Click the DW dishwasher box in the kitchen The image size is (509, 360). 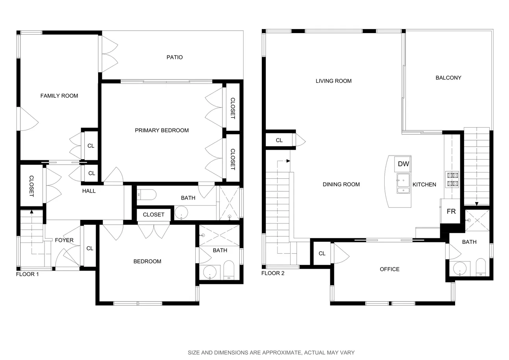[403, 164]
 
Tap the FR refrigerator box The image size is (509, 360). [451, 212]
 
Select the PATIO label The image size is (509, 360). [174, 57]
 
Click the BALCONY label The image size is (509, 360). [448, 78]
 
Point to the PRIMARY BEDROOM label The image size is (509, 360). [161, 130]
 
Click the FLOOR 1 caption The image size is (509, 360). [27, 274]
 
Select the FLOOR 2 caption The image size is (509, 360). [272, 273]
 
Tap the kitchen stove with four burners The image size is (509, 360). [452, 179]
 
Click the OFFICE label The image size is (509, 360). [389, 269]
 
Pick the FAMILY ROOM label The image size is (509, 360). [59, 96]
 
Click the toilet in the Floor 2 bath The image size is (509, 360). [480, 267]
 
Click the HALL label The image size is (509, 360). [89, 191]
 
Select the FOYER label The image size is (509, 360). [64, 240]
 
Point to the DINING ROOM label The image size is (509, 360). [341, 184]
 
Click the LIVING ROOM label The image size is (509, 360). [333, 81]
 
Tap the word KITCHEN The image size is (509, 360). [424, 184]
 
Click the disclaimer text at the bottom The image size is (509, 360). [271, 353]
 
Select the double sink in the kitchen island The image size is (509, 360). [403, 184]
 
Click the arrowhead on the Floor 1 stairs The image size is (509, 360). [31, 212]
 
